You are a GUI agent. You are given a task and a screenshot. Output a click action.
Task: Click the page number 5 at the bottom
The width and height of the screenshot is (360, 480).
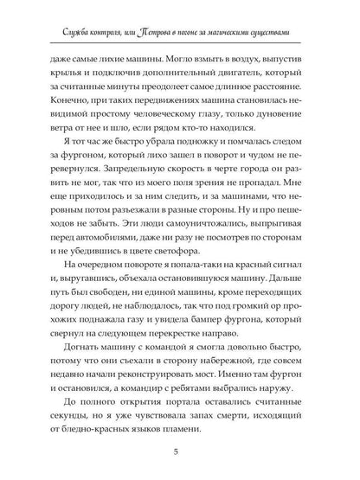[x=180, y=451]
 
